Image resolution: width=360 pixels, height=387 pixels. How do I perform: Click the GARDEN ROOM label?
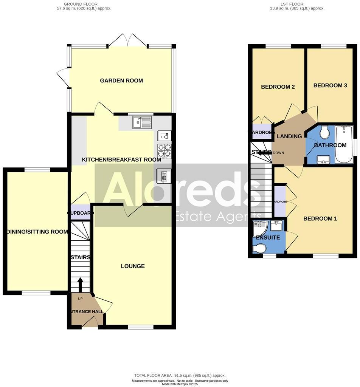click(121, 80)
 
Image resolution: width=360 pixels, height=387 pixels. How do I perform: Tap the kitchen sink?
click(142, 122)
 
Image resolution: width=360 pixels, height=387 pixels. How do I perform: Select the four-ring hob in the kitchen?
click(164, 151)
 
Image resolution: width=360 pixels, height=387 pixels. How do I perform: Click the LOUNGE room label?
click(133, 266)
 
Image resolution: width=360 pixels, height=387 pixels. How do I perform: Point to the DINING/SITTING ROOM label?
click(37, 232)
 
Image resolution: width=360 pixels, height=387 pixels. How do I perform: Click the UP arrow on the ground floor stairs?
click(80, 285)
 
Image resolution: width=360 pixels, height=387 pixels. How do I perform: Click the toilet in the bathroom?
click(324, 132)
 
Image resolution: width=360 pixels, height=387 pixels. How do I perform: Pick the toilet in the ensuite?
click(260, 248)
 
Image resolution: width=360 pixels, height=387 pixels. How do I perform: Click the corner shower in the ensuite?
click(260, 228)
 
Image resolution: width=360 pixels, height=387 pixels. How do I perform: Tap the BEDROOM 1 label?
click(320, 218)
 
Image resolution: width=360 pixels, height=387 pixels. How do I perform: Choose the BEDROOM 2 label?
click(278, 87)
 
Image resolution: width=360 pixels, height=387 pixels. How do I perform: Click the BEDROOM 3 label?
click(330, 85)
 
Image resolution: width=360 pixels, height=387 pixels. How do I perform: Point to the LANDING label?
click(289, 136)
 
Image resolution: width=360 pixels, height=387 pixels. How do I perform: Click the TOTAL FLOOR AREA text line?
click(180, 375)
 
